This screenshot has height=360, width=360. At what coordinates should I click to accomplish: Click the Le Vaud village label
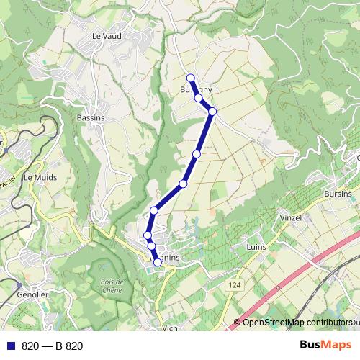[105, 35]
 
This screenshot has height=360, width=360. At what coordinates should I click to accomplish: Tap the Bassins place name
[90, 117]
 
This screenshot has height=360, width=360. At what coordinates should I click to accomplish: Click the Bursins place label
[338, 194]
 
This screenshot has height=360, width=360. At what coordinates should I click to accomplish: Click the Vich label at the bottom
[170, 328]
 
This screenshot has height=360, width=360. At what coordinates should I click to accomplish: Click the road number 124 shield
[234, 286]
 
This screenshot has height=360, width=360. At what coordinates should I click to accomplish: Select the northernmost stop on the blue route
[191, 78]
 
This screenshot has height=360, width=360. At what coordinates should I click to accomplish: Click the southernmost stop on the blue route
[158, 262]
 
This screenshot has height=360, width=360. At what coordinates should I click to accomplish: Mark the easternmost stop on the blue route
[212, 111]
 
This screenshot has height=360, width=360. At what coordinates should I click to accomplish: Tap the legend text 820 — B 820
[53, 346]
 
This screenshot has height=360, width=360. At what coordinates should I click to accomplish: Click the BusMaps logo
[325, 345]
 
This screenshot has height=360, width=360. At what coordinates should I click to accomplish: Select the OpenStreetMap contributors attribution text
[295, 323]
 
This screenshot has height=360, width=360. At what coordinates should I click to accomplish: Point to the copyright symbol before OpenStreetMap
[237, 323]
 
